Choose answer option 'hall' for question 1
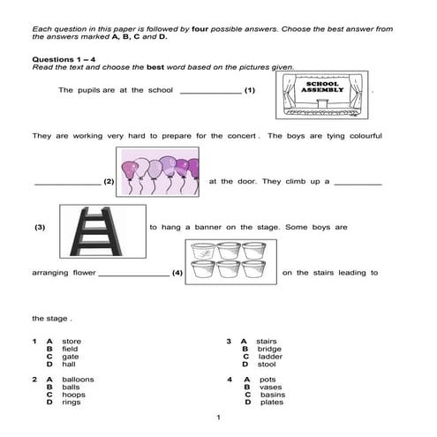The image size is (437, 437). click(x=69, y=364)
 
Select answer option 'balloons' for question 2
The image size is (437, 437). click(x=78, y=379)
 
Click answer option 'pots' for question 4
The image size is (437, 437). click(x=267, y=379)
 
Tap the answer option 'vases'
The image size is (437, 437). click(x=269, y=387)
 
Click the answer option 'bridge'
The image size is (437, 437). click(x=270, y=349)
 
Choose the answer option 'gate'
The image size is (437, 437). click(x=70, y=356)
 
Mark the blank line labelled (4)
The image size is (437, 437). click(x=133, y=275)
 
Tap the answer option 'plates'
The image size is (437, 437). click(x=271, y=403)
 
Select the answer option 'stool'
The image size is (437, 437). click(x=267, y=364)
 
